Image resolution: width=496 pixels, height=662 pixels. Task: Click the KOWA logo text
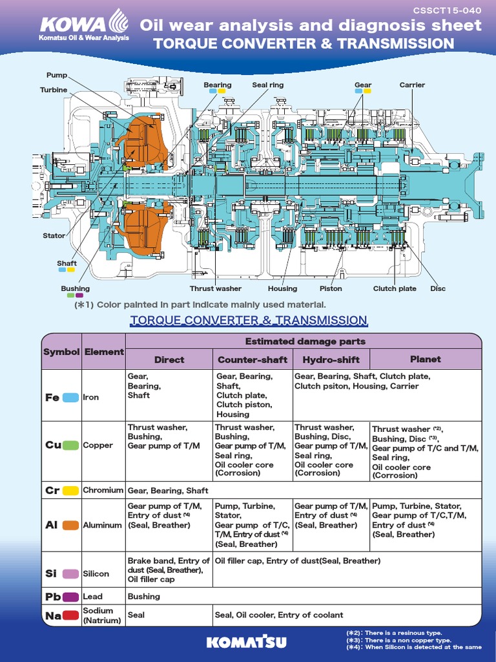pyautogui.click(x=72, y=25)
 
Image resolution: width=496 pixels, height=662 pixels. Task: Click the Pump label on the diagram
pyautogui.click(x=57, y=76)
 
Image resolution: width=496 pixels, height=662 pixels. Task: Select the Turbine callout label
pyautogui.click(x=54, y=90)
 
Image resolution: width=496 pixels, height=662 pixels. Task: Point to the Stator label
pyautogui.click(x=54, y=235)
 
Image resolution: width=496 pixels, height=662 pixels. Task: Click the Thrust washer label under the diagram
pyautogui.click(x=216, y=288)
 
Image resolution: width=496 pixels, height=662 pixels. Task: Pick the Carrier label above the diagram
pyautogui.click(x=412, y=85)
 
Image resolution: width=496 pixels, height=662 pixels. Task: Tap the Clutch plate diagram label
pyautogui.click(x=395, y=288)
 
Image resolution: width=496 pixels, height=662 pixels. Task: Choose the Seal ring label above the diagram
pyautogui.click(x=267, y=85)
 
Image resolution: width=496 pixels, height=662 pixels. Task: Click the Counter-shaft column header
pyautogui.click(x=253, y=359)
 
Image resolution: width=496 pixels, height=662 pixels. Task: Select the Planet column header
pyautogui.click(x=425, y=359)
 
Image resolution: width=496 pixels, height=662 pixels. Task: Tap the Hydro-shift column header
pyautogui.click(x=331, y=359)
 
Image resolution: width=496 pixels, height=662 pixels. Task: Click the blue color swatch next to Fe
pyautogui.click(x=70, y=398)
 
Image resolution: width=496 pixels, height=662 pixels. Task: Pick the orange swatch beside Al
pyautogui.click(x=70, y=525)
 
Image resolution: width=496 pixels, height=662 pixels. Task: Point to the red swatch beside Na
pyautogui.click(x=70, y=615)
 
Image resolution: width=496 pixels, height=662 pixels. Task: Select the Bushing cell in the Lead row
pyautogui.click(x=143, y=596)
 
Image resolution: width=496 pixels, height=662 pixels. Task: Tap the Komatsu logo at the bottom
pyautogui.click(x=248, y=642)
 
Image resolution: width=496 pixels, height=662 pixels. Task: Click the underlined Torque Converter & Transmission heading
pyautogui.click(x=249, y=321)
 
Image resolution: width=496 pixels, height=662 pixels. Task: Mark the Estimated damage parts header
pyautogui.click(x=305, y=341)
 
